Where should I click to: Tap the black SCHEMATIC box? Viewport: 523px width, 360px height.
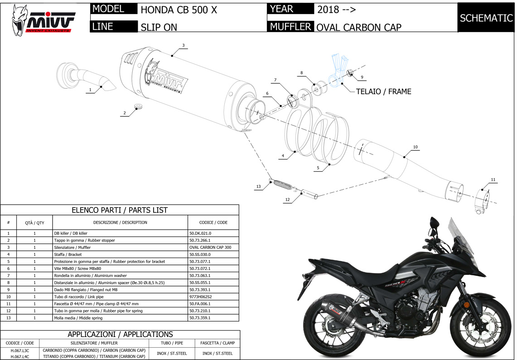point(486,18)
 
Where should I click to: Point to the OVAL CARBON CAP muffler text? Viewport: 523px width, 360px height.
point(358,27)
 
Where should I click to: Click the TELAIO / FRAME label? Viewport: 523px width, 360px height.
point(383,91)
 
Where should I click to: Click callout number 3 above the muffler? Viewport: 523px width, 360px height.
point(183,45)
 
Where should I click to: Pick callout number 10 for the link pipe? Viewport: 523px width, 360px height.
point(415,147)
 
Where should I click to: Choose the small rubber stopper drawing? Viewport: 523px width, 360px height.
point(138,107)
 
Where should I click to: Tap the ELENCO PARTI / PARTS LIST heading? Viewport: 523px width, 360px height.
point(120,210)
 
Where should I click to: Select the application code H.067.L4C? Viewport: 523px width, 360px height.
point(20,357)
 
